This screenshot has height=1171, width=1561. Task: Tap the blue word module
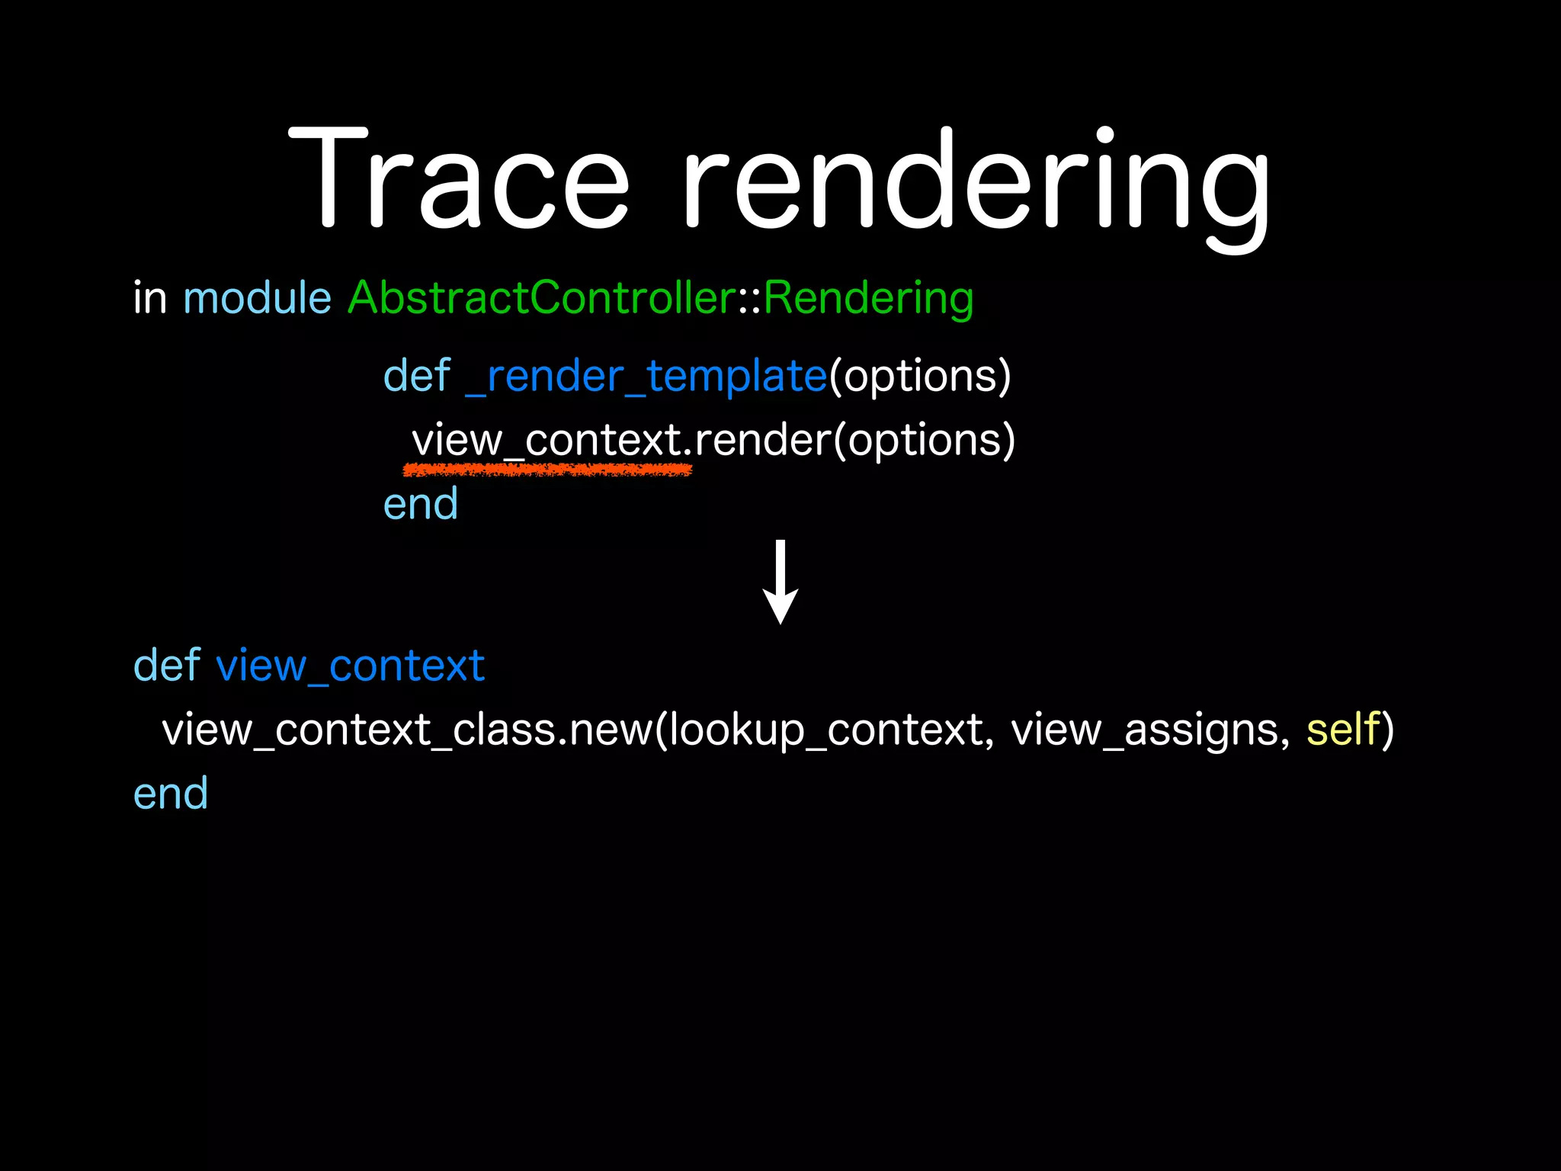tap(257, 298)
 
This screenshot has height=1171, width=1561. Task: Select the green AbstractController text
tap(541, 298)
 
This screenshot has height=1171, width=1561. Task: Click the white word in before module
tap(149, 298)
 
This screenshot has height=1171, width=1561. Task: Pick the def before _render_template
tap(417, 377)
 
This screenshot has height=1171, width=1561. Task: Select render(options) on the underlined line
tap(854, 441)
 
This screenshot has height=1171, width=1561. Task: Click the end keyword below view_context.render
tap(421, 505)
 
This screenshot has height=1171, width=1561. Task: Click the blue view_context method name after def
tap(351, 666)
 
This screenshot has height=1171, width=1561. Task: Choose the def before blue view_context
tap(167, 666)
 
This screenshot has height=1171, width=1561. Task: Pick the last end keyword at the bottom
tap(171, 794)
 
